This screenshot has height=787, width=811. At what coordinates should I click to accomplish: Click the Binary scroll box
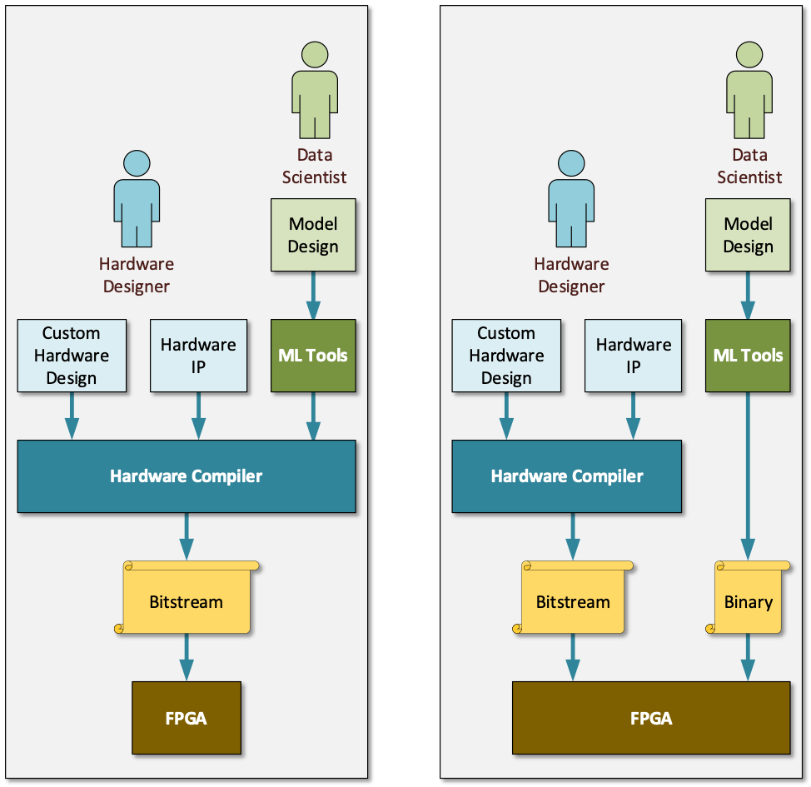[748, 601]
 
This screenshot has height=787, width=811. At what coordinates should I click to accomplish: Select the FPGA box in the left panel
[187, 717]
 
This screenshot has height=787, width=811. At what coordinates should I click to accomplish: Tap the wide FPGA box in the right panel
[650, 717]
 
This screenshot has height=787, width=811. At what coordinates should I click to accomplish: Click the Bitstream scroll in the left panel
[187, 601]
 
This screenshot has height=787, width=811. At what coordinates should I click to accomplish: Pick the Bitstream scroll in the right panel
[573, 601]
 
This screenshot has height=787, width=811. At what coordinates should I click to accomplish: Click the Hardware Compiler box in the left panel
[187, 476]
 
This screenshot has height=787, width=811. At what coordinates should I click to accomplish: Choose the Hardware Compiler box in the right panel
[566, 476]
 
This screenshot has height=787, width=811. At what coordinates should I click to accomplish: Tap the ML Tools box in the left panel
[313, 356]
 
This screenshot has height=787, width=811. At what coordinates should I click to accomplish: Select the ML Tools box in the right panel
[748, 356]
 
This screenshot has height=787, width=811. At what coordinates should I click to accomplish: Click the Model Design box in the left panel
[313, 235]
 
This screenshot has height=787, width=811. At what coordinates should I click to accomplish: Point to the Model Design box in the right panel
[748, 235]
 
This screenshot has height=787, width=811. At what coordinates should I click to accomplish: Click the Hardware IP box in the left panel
[198, 356]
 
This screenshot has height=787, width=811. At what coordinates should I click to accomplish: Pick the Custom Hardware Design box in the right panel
[506, 356]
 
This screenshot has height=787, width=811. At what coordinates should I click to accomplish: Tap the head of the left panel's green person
[315, 55]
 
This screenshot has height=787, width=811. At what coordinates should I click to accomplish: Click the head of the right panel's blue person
[571, 164]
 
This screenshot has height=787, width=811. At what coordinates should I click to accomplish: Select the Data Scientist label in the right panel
[749, 166]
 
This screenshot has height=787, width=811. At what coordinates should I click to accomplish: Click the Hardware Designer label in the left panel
[137, 275]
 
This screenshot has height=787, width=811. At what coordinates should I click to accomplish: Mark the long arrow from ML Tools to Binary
[748, 475]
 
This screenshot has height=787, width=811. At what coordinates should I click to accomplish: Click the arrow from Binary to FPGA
[748, 658]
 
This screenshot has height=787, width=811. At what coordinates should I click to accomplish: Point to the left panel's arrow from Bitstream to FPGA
[187, 658]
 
